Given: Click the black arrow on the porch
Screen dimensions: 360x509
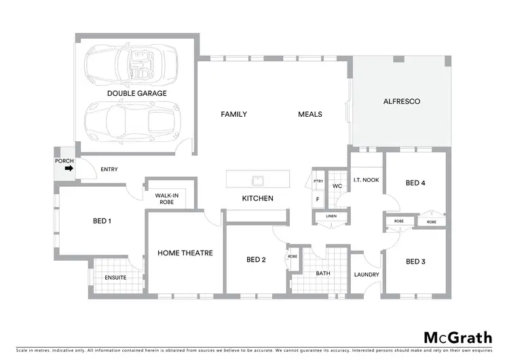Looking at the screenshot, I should coord(68,170).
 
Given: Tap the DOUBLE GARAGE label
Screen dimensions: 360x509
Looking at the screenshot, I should coord(136,93).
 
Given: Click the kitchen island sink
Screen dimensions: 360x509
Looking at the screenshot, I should coord(257,181).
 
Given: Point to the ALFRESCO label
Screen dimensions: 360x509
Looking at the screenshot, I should coord(402,101).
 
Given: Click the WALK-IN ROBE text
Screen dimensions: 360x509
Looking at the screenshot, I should coord(166,199).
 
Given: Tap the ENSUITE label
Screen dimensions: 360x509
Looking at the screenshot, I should coord(115,277).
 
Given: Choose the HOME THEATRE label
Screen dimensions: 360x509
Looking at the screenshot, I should coord(185,253).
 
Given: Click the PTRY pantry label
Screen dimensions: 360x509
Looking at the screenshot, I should coord(318,181).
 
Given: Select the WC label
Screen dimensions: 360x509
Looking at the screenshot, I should coord(337,185).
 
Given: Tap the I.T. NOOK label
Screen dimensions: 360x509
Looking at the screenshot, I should coord(365,181).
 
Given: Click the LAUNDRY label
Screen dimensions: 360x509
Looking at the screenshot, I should coord(366,274).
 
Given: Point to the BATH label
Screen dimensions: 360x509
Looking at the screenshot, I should coord(322,273).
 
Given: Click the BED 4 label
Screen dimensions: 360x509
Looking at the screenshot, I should coord(415,183).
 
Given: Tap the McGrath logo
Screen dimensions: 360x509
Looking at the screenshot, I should coord(458,338).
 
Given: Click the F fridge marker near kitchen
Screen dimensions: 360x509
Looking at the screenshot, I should coord(317,199).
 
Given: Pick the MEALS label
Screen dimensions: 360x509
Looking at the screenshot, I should coord(309,114).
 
